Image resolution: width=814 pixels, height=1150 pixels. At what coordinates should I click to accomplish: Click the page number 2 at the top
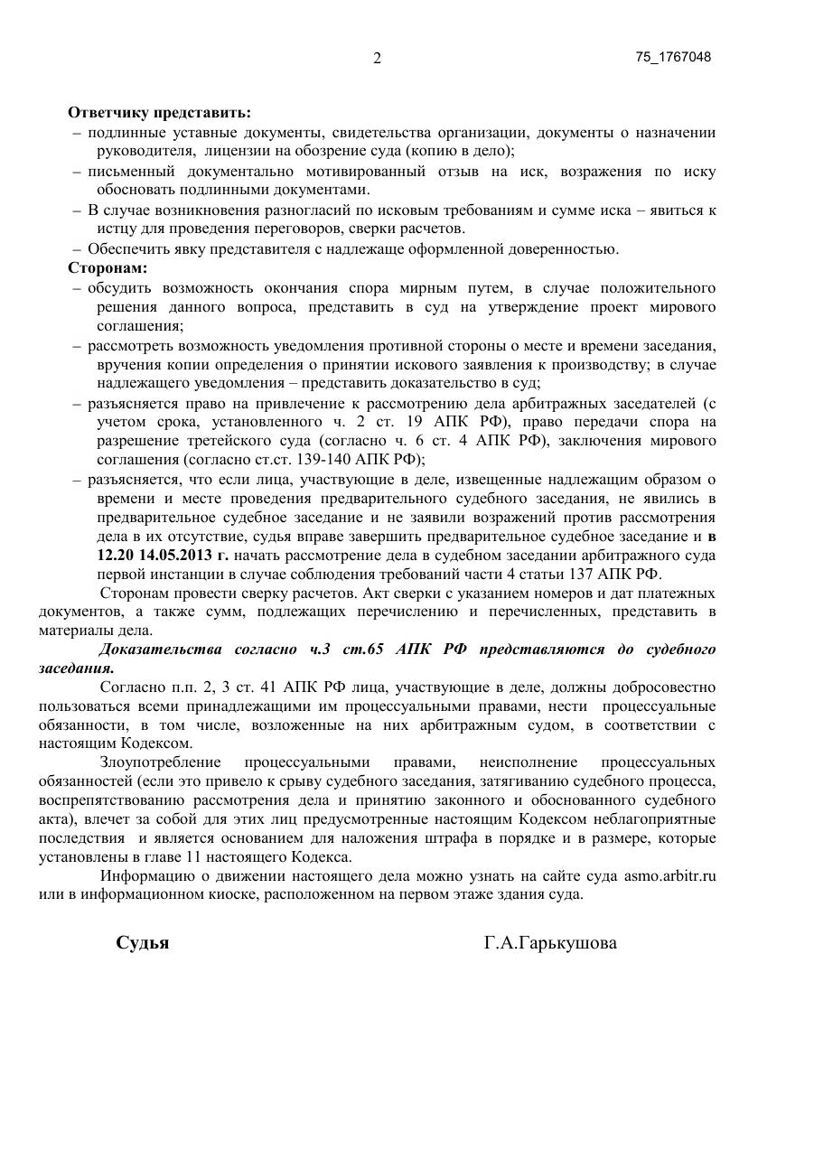(377, 59)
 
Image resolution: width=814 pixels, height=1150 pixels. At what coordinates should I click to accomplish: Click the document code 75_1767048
(673, 57)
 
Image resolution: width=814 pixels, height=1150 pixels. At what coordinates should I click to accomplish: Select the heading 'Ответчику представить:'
(159, 113)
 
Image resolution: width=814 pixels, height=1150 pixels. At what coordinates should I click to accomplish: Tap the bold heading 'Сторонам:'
(108, 268)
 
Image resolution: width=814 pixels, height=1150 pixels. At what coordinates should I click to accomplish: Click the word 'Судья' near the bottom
(143, 943)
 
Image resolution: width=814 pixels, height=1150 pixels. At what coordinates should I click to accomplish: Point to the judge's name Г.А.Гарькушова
(550, 943)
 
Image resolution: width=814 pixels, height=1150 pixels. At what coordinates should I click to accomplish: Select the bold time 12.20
(115, 556)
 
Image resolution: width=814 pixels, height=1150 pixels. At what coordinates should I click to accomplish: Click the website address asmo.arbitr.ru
(669, 876)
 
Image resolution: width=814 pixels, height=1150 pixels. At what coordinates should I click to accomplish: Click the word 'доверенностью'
(566, 249)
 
